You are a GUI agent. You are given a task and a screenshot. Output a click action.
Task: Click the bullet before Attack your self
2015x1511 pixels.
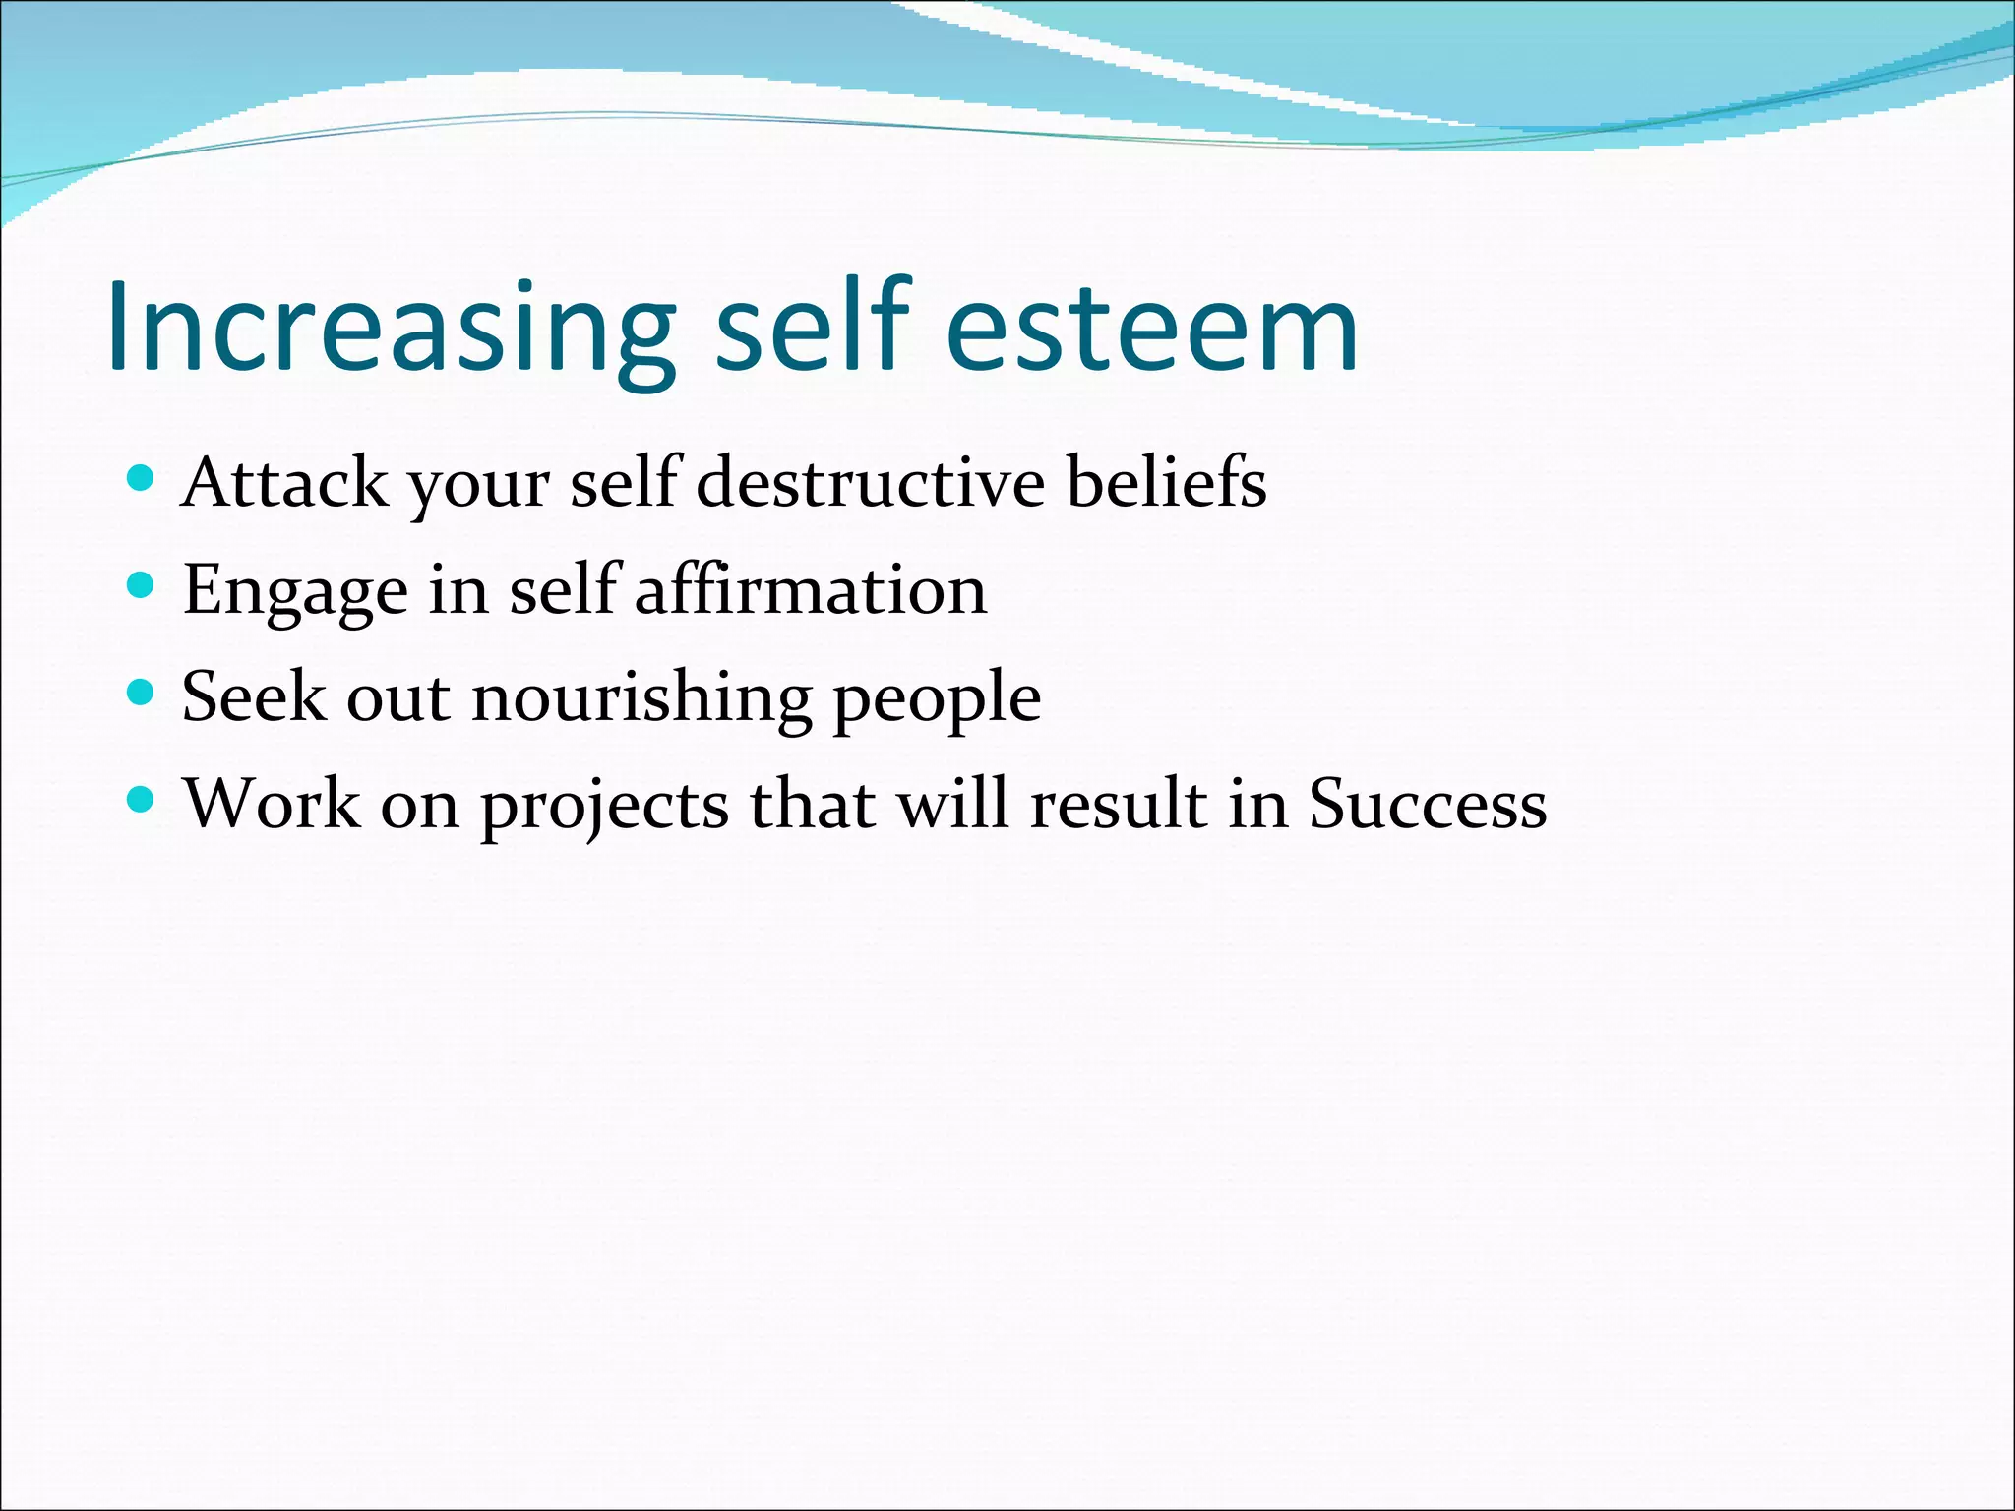click(141, 479)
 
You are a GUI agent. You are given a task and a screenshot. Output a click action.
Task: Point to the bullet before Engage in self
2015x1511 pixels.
click(141, 586)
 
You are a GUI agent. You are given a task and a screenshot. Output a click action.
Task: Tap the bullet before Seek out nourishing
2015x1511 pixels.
click(141, 694)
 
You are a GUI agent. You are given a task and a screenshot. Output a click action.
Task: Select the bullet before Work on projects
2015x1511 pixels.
click(141, 800)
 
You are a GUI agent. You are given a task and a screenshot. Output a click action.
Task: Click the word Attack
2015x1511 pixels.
click(284, 483)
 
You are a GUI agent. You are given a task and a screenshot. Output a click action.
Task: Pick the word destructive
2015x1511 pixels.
click(870, 483)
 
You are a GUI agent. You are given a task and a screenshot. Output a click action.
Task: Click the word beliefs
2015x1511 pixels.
click(1167, 483)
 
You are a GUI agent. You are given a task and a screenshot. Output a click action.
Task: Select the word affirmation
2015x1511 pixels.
click(811, 590)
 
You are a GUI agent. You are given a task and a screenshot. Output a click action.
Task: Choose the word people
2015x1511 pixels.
click(938, 701)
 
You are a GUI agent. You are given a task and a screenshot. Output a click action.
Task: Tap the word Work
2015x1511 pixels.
click(273, 805)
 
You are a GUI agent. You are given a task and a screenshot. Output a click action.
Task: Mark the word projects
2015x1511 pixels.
click(604, 808)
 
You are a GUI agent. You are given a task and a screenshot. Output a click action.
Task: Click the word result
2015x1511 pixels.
click(1118, 805)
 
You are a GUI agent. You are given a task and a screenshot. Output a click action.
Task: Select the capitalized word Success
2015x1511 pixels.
click(1427, 805)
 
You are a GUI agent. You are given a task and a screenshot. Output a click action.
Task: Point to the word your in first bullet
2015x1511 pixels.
click(479, 487)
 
